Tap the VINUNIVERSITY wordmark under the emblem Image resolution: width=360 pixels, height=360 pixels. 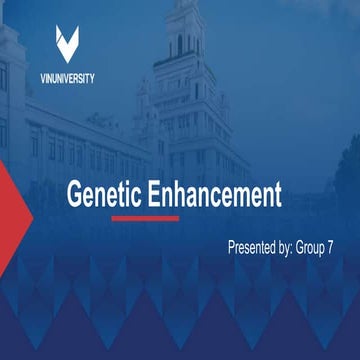pos(69,80)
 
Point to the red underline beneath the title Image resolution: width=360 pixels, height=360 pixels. pos(145,217)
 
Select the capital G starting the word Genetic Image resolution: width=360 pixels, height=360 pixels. pos(75,194)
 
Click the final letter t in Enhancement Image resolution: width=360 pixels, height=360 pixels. pos(279,194)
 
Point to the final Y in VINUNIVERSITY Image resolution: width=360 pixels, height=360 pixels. pos(93,80)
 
